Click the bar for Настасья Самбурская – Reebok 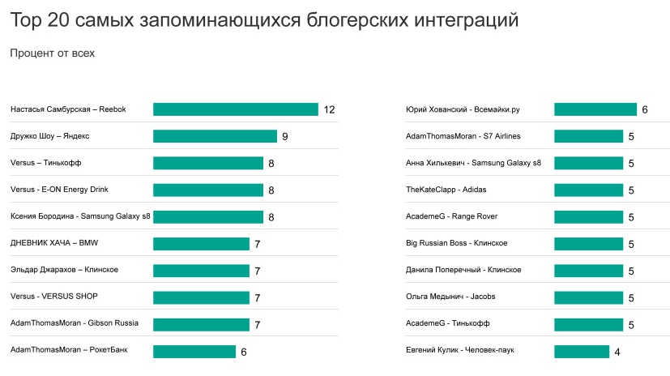click(x=235, y=109)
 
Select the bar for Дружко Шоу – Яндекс click(x=215, y=136)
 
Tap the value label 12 click(x=329, y=109)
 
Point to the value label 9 click(x=285, y=136)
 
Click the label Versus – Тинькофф click(x=46, y=163)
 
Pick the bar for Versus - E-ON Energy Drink click(x=208, y=190)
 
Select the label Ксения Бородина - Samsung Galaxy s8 click(x=80, y=216)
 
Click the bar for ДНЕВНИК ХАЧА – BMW click(x=201, y=243)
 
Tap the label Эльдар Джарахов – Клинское click(x=65, y=270)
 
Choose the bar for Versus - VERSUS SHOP click(x=201, y=297)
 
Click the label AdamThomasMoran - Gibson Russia click(x=75, y=323)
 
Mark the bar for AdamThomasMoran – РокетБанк click(x=194, y=351)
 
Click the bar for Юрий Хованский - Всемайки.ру click(x=595, y=109)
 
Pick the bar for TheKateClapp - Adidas click(x=589, y=190)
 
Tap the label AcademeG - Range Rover click(x=451, y=216)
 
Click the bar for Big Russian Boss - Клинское click(x=589, y=243)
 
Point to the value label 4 click(x=617, y=351)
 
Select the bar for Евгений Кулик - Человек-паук click(x=582, y=351)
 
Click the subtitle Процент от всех click(x=52, y=53)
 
